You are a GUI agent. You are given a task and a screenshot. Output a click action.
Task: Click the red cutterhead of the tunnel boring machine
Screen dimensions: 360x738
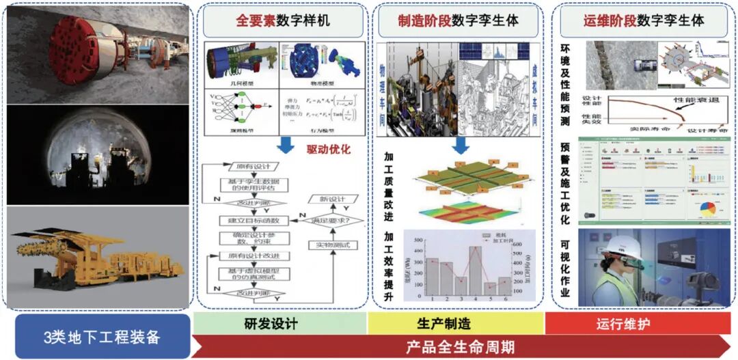[x=69, y=49]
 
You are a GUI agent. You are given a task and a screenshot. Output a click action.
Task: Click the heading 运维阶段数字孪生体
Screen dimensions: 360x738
[x=644, y=21]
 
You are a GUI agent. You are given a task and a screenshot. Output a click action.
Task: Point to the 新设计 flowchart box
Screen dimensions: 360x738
[x=331, y=199]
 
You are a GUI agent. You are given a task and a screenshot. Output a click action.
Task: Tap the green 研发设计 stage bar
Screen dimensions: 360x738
[x=280, y=323]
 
